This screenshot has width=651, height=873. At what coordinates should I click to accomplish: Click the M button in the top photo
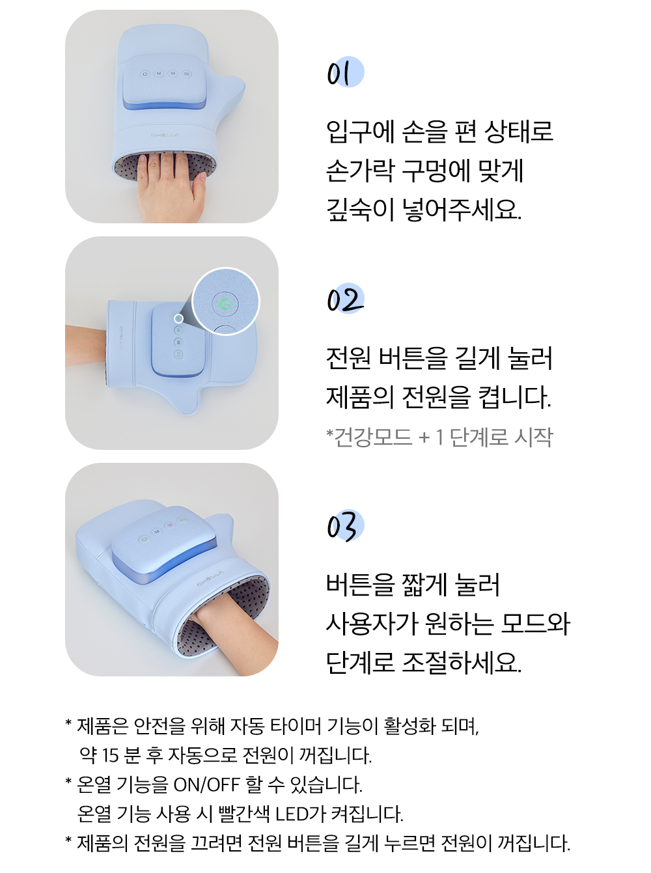(x=159, y=74)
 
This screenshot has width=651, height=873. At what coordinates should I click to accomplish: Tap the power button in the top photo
(x=145, y=74)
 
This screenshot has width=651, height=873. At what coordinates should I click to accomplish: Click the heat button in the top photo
(x=173, y=74)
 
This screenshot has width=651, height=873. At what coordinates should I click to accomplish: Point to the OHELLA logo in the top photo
(x=165, y=135)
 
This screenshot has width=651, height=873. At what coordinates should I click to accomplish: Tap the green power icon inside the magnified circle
(x=225, y=304)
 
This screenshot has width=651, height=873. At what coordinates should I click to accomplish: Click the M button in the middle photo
(x=178, y=330)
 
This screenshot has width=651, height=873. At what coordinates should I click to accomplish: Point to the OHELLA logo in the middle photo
(x=121, y=338)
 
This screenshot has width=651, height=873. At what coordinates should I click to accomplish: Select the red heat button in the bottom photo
(x=171, y=525)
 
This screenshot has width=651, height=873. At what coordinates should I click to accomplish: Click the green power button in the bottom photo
(x=144, y=539)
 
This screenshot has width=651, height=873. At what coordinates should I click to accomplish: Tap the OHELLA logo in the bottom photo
(x=210, y=579)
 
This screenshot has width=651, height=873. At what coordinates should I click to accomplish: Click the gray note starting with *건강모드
(x=439, y=437)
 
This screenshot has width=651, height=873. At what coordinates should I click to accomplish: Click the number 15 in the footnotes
(x=110, y=755)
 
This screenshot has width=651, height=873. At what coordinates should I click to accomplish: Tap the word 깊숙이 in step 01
(x=359, y=210)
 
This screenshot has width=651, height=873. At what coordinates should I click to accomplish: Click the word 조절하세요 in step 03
(x=462, y=662)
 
